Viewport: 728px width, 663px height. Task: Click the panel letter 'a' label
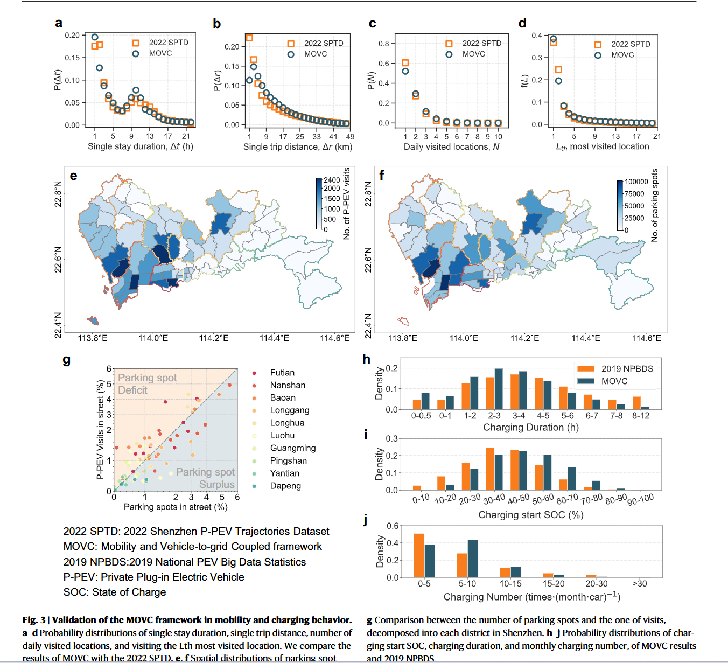point(59,23)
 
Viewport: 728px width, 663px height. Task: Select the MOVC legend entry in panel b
point(315,54)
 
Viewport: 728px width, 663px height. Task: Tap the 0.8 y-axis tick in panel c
point(383,44)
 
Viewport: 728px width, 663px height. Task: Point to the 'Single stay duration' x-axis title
point(140,146)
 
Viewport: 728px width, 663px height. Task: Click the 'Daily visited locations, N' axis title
point(451,146)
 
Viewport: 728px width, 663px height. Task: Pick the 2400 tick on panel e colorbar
point(332,180)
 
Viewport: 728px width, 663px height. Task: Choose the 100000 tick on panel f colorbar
point(636,182)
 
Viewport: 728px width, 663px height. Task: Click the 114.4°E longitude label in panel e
point(274,338)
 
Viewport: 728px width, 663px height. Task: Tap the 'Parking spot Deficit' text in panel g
point(147,384)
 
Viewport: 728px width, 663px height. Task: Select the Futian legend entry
point(282,373)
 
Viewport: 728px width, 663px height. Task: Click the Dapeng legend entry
point(285,486)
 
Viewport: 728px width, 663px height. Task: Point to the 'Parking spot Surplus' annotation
point(206,478)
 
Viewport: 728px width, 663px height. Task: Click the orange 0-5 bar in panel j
point(419,555)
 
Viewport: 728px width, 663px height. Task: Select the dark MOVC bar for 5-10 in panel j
point(473,558)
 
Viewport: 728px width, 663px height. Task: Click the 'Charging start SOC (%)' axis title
point(531,515)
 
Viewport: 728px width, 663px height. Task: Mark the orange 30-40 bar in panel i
point(490,469)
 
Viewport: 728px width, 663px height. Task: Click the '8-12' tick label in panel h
point(641,416)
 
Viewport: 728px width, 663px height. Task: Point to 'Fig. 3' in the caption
point(34,620)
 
